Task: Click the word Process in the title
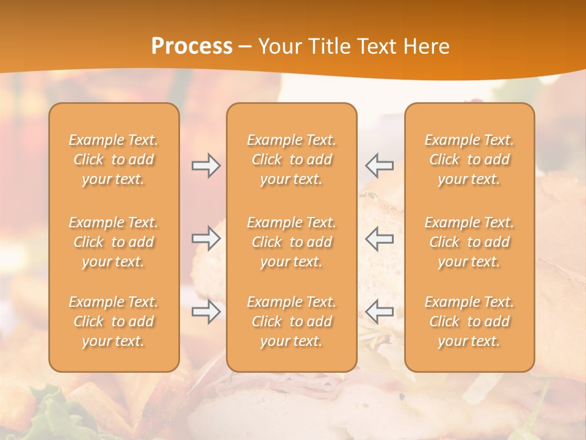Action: click(x=192, y=46)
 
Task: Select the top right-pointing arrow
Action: click(x=206, y=166)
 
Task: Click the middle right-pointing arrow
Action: click(x=206, y=238)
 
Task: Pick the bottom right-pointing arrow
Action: click(x=206, y=312)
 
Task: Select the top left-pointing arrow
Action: click(x=380, y=165)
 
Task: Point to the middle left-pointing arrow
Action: click(x=380, y=238)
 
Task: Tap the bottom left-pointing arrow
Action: click(x=380, y=311)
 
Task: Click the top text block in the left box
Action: click(x=114, y=159)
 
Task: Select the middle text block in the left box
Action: click(x=114, y=242)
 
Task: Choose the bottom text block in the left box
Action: click(x=114, y=321)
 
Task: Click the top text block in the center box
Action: click(x=292, y=159)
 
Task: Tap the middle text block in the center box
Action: click(x=292, y=242)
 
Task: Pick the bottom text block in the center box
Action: click(x=292, y=321)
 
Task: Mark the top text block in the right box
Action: click(x=469, y=159)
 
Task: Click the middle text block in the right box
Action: click(x=469, y=242)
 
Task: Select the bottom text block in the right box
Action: click(x=469, y=321)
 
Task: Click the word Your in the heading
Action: click(x=280, y=46)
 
